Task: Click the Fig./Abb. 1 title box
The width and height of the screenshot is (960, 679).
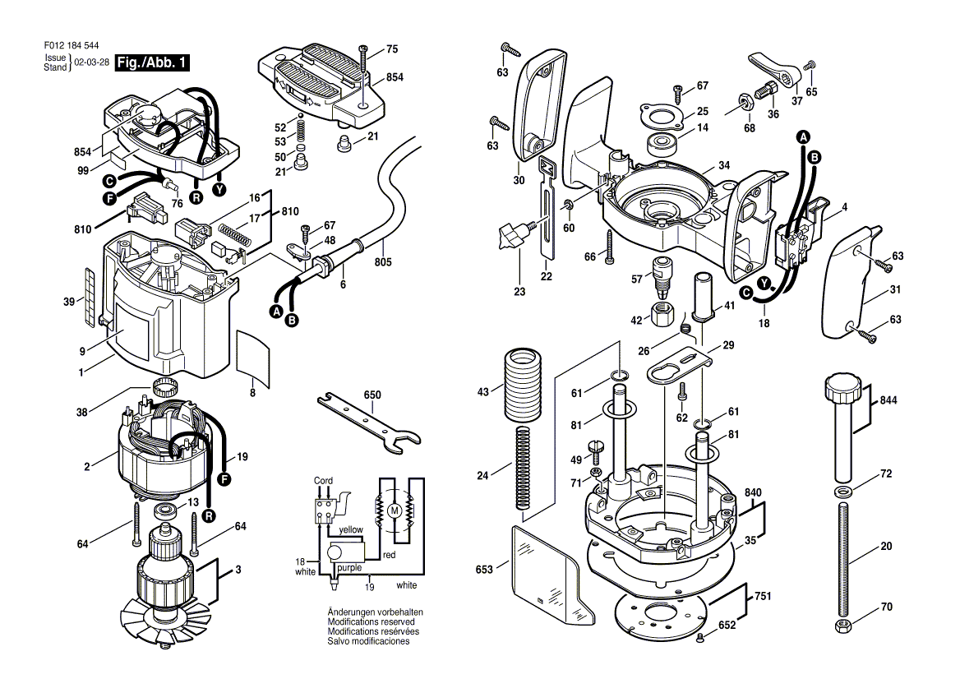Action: tap(152, 62)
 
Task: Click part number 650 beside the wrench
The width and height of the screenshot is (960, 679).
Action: tap(372, 395)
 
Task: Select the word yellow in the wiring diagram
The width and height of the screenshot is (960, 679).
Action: tap(351, 529)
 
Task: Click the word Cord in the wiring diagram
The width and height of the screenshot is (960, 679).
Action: tap(323, 480)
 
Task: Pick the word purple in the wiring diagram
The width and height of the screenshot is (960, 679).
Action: tap(349, 567)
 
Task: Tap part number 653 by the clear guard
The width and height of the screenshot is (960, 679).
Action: tap(484, 570)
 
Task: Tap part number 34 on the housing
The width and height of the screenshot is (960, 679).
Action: tap(723, 165)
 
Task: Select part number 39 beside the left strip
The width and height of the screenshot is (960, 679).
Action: tap(69, 302)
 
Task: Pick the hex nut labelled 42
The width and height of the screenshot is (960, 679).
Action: tap(662, 314)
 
